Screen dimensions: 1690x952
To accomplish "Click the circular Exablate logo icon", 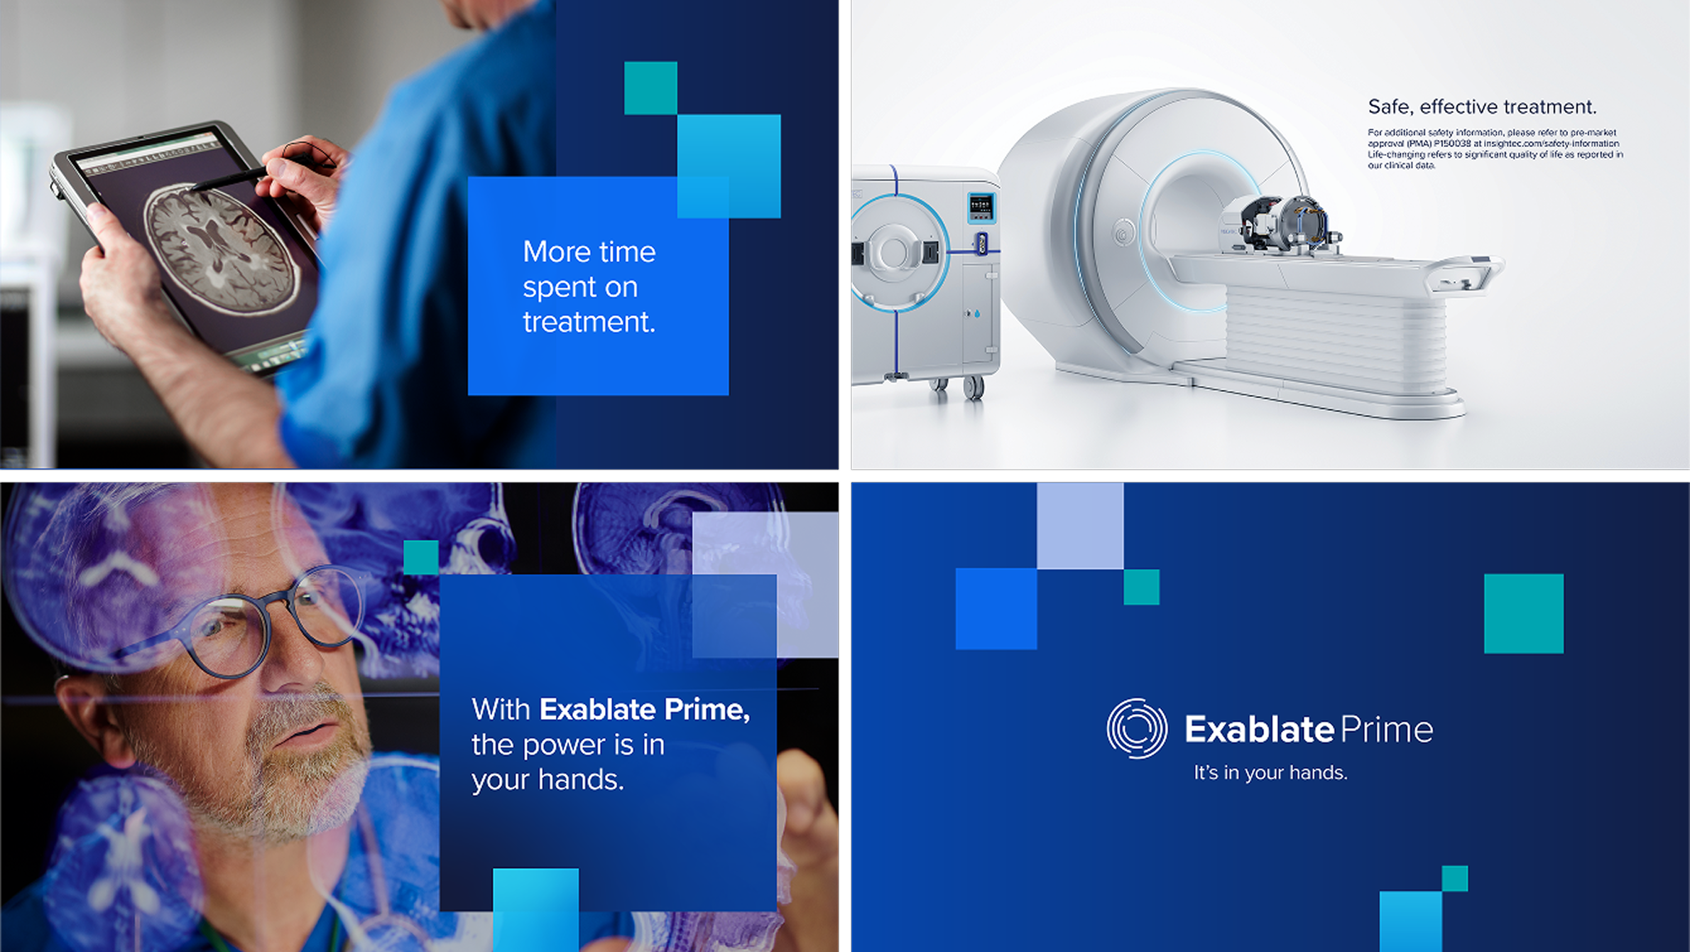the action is (1137, 728).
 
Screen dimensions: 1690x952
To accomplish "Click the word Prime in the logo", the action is (1387, 730).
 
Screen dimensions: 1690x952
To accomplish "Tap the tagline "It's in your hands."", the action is (1270, 772).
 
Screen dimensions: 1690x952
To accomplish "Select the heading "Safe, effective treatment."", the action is (1482, 107).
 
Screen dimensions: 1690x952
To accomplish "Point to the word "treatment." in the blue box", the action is (589, 323).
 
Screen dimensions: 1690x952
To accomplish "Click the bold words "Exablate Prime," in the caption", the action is (645, 709).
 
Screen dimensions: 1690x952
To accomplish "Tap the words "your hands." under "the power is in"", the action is (547, 780).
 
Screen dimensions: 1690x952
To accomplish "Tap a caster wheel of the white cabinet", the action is (973, 387).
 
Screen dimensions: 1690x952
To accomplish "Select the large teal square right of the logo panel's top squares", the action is (1524, 614).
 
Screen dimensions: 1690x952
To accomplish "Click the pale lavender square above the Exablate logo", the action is (1080, 526).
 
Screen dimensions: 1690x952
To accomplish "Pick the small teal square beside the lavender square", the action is (1141, 587).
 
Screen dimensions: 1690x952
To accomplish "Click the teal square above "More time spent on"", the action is (650, 88).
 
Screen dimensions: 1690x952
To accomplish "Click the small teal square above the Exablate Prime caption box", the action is (421, 558).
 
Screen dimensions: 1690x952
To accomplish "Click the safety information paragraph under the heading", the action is (1495, 148).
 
